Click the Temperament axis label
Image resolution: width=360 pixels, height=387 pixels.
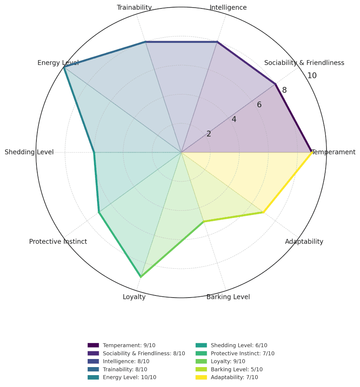click(x=333, y=152)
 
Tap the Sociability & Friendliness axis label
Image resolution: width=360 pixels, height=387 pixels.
click(x=304, y=63)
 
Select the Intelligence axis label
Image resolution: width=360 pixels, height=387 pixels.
click(x=228, y=7)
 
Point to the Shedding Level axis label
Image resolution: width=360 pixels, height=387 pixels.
click(x=29, y=152)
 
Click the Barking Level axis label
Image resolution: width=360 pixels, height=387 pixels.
click(x=228, y=297)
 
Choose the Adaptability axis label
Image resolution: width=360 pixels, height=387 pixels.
click(x=304, y=242)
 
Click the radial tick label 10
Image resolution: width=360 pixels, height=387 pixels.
click(x=312, y=76)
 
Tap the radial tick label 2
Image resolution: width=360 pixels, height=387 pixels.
click(x=209, y=134)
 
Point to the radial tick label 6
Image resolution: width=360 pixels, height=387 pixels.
click(x=259, y=105)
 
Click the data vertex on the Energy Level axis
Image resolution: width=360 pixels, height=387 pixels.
click(x=64, y=67)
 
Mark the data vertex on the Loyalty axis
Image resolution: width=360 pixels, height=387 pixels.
click(x=141, y=277)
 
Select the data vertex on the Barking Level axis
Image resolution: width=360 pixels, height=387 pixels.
click(x=204, y=221)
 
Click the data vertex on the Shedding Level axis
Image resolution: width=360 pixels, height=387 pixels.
click(x=94, y=152)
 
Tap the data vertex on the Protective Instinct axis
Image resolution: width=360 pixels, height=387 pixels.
click(x=99, y=212)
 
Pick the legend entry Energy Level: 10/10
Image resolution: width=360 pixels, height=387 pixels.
click(x=129, y=377)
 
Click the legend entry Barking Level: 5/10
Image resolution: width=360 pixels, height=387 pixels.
click(x=236, y=370)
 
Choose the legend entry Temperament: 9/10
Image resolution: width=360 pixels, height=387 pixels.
click(x=129, y=345)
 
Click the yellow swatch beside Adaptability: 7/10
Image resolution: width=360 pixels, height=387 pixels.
click(x=201, y=377)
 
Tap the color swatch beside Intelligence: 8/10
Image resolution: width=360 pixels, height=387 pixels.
click(x=93, y=362)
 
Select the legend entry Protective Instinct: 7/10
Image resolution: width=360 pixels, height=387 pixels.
click(x=242, y=354)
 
